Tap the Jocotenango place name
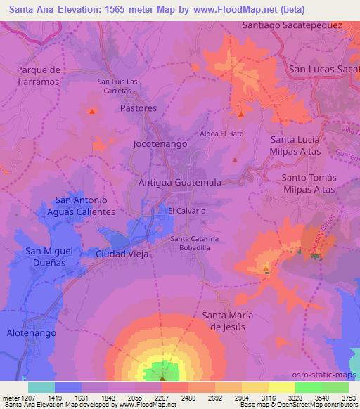pos(160,143)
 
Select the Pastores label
pos(138,108)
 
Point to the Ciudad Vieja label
pos(122,254)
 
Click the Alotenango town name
pos(31,333)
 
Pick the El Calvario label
pos(186,211)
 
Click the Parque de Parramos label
pos(40,76)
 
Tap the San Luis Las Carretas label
pos(114,86)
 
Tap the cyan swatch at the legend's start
pos(41,387)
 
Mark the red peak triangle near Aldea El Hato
pos(241,113)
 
